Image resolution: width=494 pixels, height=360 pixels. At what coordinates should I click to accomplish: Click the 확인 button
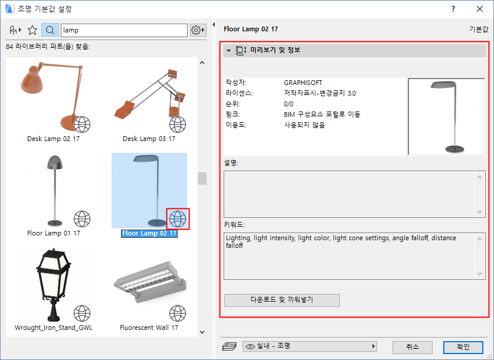point(463,347)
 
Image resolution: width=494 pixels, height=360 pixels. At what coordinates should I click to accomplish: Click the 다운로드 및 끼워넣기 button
point(282,300)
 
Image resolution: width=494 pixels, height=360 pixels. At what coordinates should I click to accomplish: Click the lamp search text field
point(124,30)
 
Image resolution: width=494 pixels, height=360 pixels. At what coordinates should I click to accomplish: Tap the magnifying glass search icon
point(50,30)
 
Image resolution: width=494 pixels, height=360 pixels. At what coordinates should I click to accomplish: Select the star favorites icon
point(32,30)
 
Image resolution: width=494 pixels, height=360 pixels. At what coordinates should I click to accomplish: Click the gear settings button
point(198,30)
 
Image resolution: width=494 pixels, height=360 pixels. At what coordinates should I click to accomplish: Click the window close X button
point(479,9)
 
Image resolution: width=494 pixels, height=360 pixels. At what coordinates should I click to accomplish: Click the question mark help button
point(453,9)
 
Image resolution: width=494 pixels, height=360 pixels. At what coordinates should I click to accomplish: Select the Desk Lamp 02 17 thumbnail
point(54,96)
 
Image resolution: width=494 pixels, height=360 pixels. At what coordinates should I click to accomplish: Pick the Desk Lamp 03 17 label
point(149,139)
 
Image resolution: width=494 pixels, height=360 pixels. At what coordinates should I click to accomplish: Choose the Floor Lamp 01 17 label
point(54,233)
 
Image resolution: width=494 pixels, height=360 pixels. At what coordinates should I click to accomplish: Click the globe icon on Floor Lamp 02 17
point(178,219)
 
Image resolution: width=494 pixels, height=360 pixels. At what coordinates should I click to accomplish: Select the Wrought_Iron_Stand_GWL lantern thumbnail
point(54,285)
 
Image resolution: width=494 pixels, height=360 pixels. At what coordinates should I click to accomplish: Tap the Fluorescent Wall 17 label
point(149,328)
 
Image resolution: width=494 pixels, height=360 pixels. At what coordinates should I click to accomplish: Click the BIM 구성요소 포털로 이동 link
point(322,114)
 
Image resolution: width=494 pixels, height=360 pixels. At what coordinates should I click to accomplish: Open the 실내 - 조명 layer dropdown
point(309,346)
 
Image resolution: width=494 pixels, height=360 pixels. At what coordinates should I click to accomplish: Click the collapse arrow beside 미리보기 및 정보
point(229,50)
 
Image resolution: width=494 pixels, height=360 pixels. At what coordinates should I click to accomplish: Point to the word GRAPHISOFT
point(303,83)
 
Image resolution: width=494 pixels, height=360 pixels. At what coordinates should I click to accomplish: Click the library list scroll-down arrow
point(202,332)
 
